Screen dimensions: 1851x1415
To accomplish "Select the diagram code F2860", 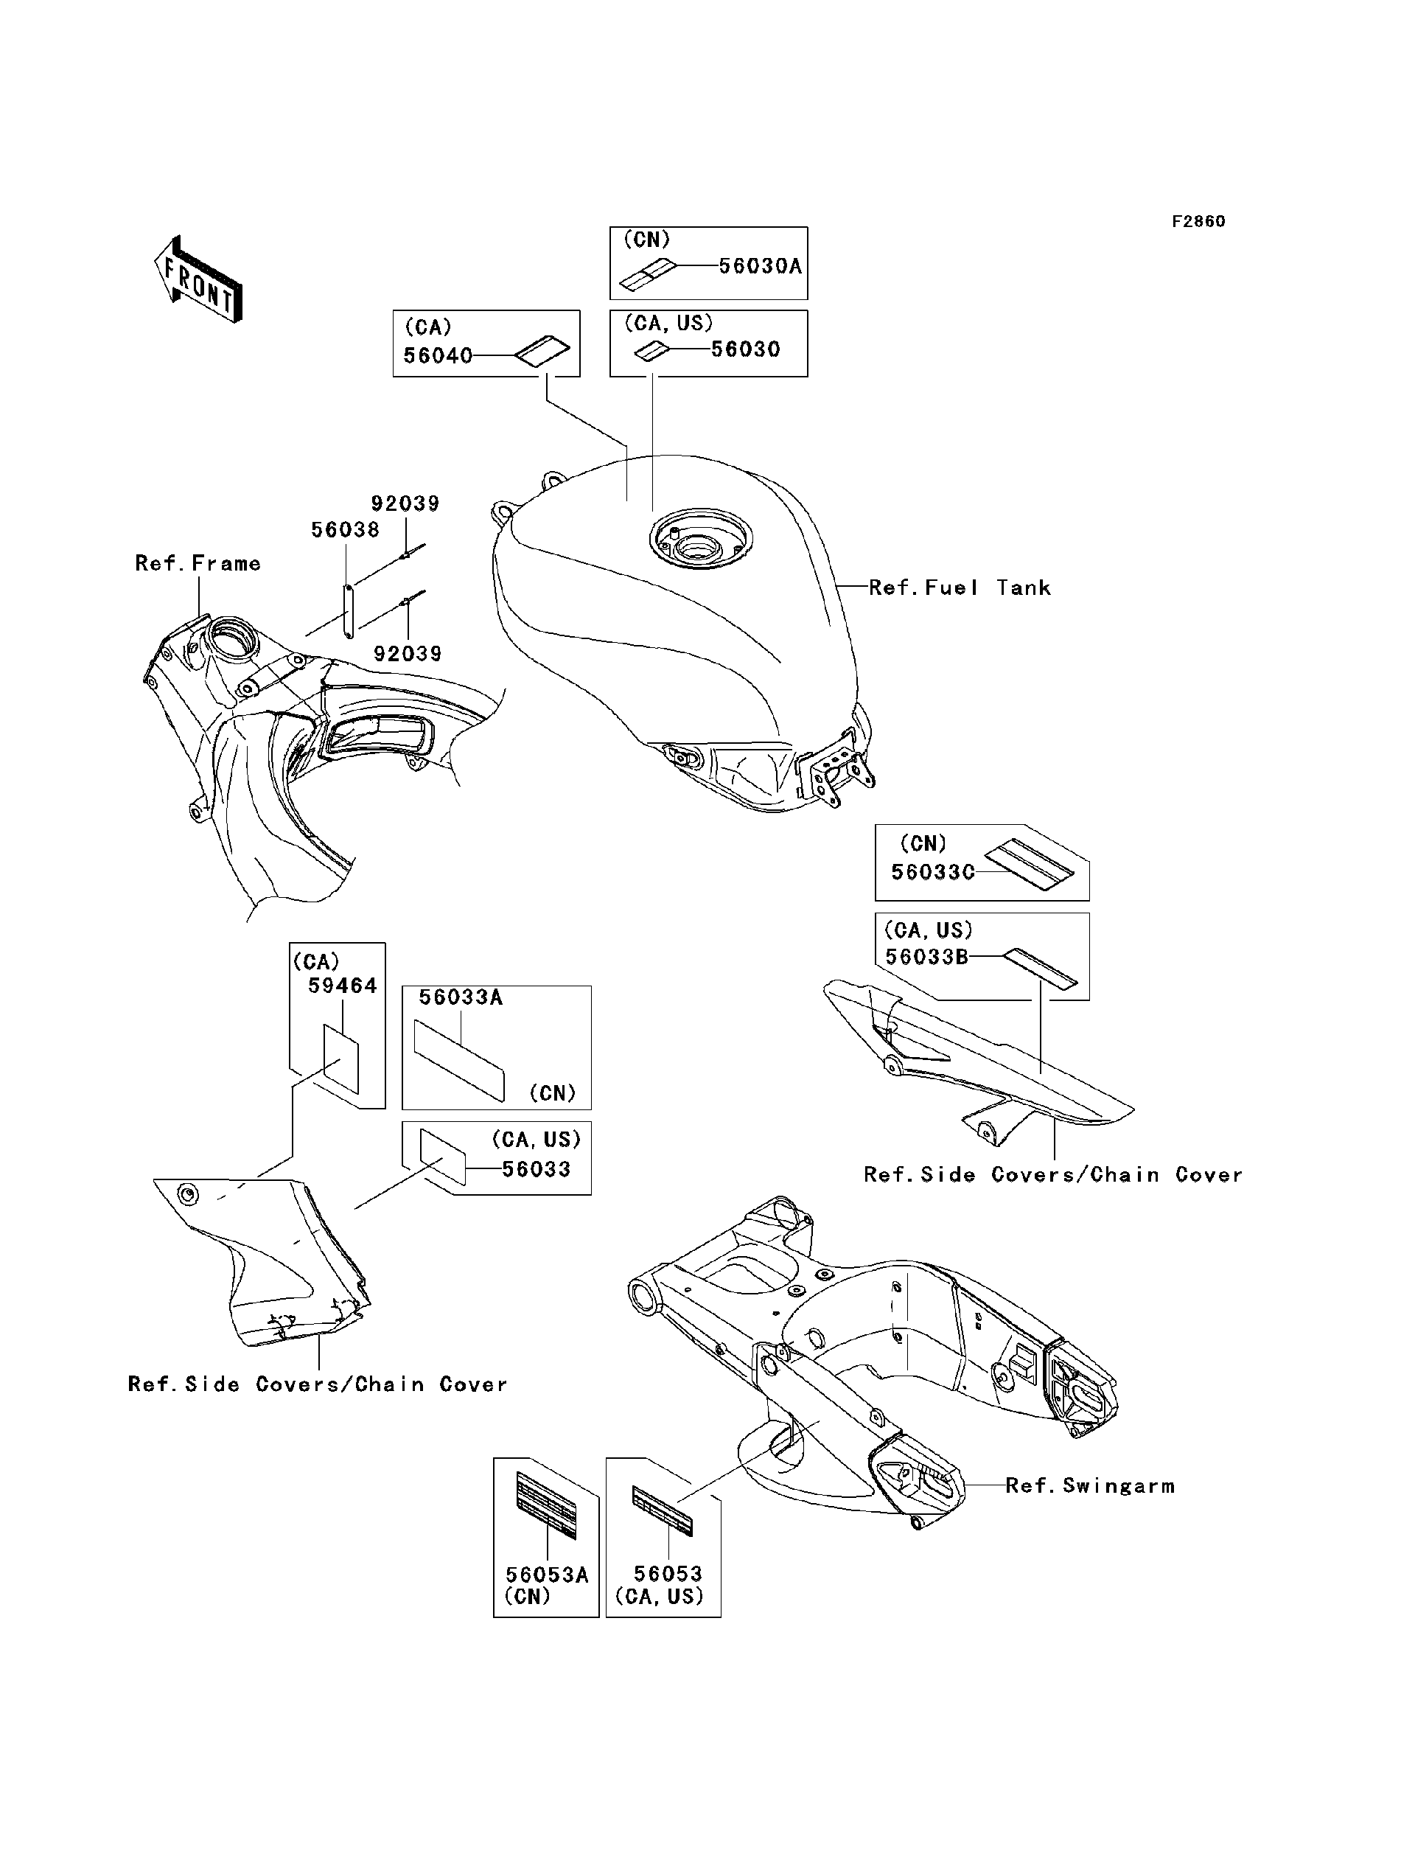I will [x=1198, y=222].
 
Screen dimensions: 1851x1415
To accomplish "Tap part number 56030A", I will [x=760, y=266].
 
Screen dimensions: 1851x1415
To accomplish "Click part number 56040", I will [x=437, y=355].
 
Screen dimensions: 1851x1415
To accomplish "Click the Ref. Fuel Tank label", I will [x=960, y=588].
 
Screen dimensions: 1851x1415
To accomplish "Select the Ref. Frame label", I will [x=198, y=564].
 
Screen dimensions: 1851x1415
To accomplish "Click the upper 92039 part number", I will [x=405, y=503].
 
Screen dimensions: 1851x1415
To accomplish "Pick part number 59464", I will [x=342, y=986].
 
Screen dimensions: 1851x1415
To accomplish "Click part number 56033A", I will [x=461, y=997].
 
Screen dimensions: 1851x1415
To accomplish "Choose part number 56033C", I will [x=932, y=872].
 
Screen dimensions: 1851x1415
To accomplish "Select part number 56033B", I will [x=926, y=956].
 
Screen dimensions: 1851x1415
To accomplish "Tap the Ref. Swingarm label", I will [x=1090, y=1485].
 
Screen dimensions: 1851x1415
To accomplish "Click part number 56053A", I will [x=547, y=1575].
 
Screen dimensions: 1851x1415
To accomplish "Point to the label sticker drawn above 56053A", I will [x=546, y=1507].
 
